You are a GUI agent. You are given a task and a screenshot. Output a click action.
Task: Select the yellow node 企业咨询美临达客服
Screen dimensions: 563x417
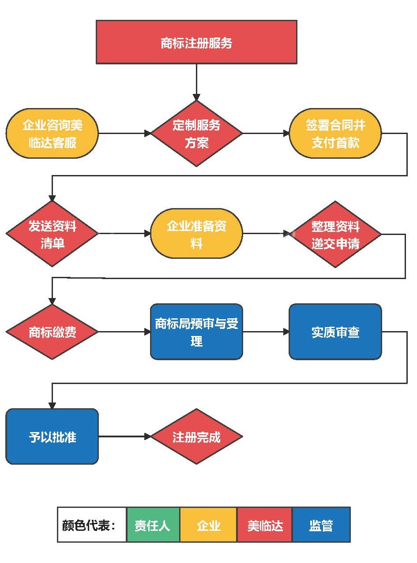click(52, 134)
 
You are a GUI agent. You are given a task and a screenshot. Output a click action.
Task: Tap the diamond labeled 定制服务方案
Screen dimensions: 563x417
click(196, 134)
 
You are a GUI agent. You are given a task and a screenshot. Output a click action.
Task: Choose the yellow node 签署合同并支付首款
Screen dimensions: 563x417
click(335, 134)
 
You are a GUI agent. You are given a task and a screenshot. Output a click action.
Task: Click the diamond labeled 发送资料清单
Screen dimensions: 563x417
click(52, 234)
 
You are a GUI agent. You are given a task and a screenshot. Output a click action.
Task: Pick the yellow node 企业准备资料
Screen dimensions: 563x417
click(196, 234)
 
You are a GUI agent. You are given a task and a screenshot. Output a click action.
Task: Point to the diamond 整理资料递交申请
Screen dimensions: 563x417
click(335, 234)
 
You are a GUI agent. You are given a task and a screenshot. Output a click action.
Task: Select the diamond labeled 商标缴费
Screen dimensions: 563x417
click(52, 332)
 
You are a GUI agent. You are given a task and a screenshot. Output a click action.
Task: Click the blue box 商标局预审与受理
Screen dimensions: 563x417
click(196, 332)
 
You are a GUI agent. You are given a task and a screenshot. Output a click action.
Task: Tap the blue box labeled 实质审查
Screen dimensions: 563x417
click(335, 332)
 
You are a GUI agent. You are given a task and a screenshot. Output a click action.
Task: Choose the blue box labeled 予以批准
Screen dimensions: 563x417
click(52, 436)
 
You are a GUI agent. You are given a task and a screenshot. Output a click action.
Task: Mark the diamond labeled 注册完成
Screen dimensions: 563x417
click(196, 436)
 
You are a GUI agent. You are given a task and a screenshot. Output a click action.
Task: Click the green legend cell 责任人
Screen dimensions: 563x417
click(153, 525)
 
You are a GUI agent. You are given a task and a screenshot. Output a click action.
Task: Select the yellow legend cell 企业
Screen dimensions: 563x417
click(208, 525)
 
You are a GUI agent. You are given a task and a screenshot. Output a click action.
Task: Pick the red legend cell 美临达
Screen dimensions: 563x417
click(265, 525)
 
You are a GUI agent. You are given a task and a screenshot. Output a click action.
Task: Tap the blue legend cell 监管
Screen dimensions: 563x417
click(321, 525)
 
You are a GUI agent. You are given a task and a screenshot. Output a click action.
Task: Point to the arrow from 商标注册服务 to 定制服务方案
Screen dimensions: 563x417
click(196, 82)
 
